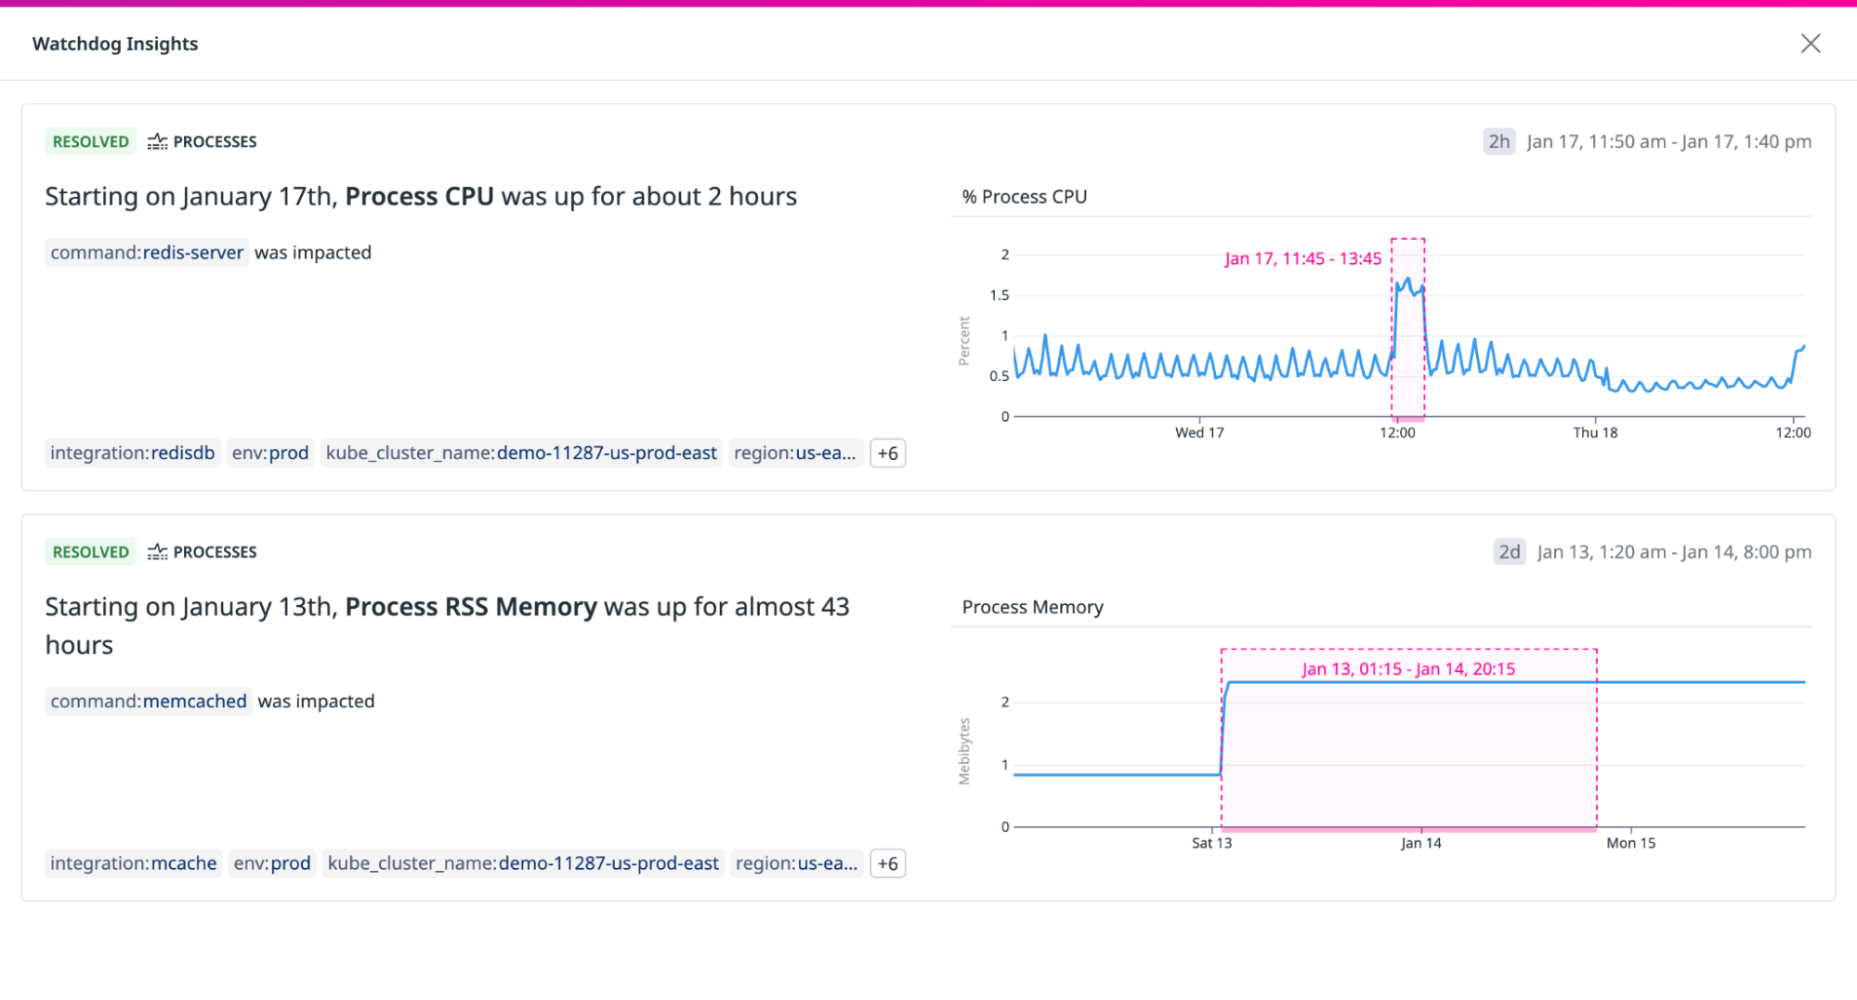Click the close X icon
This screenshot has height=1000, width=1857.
point(1810,44)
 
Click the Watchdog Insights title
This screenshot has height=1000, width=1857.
point(115,44)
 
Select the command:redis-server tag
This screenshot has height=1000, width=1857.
point(147,253)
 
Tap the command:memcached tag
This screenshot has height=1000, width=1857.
point(149,702)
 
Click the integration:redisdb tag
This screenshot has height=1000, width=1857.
point(133,454)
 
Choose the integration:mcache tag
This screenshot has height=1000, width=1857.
point(134,863)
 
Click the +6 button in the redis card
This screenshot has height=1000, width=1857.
point(887,454)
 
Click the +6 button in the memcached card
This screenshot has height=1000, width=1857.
point(887,863)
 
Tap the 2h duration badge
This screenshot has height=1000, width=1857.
point(1498,141)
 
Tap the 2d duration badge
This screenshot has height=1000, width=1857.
point(1509,552)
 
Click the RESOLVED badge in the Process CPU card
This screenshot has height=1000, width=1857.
point(90,141)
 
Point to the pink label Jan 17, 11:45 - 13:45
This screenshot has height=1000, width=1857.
point(1302,258)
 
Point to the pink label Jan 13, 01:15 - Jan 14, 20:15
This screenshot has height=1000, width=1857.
point(1408,669)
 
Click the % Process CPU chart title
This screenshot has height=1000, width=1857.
point(1025,197)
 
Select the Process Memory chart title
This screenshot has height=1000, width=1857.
point(1032,608)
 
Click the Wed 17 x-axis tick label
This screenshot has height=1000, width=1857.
point(1199,433)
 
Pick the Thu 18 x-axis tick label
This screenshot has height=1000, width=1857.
point(1595,433)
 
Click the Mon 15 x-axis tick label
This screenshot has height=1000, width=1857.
point(1630,844)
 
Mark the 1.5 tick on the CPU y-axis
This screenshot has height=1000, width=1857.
point(999,296)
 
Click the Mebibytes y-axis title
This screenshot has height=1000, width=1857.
point(964,751)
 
